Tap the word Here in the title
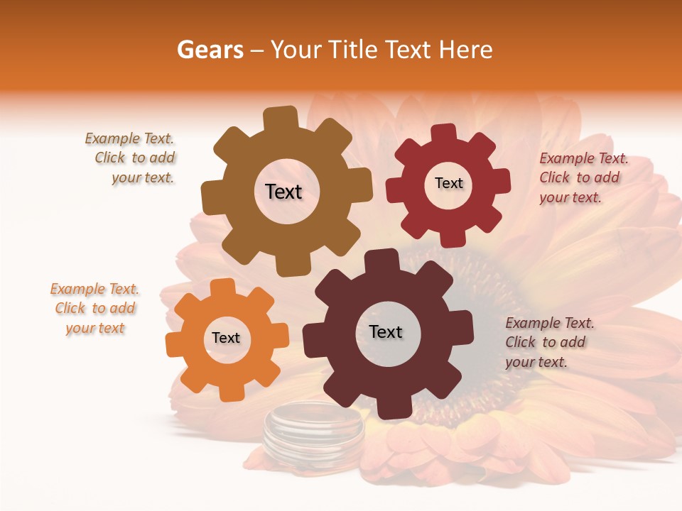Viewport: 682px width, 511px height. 467,50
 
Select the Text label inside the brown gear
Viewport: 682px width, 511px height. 283,192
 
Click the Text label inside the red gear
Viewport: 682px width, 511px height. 448,183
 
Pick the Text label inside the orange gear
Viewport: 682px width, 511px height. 226,339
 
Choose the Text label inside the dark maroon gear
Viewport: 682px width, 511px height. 386,331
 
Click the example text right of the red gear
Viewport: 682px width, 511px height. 583,178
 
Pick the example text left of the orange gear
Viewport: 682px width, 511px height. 95,309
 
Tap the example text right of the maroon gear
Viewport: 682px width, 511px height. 548,343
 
